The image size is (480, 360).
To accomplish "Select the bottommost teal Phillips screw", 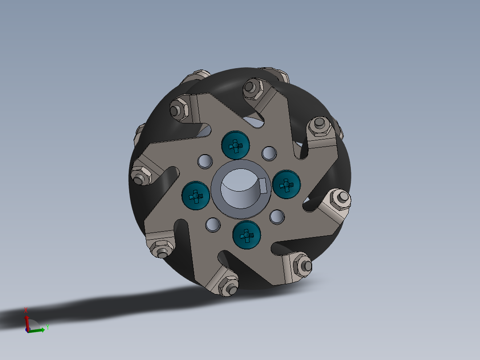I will (x=247, y=235).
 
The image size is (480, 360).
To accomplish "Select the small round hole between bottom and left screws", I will (x=213, y=225).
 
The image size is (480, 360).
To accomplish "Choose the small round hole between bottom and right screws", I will (x=277, y=217).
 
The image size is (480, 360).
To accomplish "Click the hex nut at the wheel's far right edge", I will (x=341, y=199).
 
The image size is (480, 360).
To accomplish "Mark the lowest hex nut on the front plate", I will (x=228, y=286).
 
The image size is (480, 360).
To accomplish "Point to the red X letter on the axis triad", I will (x=26, y=310).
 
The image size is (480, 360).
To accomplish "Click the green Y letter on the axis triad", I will (x=47, y=327).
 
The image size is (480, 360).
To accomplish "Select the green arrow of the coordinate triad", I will (x=37, y=330).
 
